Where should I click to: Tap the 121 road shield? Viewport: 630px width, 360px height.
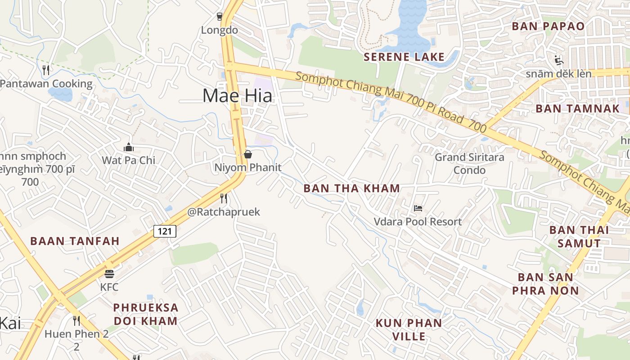pyautogui.click(x=165, y=231)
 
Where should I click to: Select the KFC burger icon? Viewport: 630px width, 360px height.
pyautogui.click(x=109, y=274)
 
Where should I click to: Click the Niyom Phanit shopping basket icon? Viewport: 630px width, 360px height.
pyautogui.click(x=247, y=154)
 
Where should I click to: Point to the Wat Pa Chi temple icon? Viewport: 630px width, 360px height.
pyautogui.click(x=129, y=147)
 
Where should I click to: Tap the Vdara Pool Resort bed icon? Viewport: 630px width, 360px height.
pyautogui.click(x=418, y=208)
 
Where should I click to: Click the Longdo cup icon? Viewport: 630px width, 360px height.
pyautogui.click(x=220, y=17)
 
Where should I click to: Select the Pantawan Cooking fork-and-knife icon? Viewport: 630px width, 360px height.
pyautogui.click(x=45, y=70)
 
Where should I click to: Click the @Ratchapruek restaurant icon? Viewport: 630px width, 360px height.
pyautogui.click(x=223, y=198)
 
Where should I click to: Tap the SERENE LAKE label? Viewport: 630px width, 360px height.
pyautogui.click(x=404, y=57)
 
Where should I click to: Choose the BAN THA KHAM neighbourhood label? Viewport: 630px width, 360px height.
pyautogui.click(x=351, y=189)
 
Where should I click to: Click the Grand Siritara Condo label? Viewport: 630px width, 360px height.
pyautogui.click(x=469, y=164)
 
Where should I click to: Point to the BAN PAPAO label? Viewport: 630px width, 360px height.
pyautogui.click(x=548, y=26)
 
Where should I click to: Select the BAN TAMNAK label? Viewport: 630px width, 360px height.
pyautogui.click(x=577, y=108)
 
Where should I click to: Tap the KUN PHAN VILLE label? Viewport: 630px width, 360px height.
pyautogui.click(x=409, y=329)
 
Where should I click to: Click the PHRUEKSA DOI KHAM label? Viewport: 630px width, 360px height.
pyautogui.click(x=145, y=314)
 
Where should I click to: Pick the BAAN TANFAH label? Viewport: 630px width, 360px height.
pyautogui.click(x=75, y=241)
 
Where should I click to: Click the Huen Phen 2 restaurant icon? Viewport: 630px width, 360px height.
pyautogui.click(x=76, y=321)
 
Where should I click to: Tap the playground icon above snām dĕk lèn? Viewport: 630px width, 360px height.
pyautogui.click(x=558, y=60)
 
